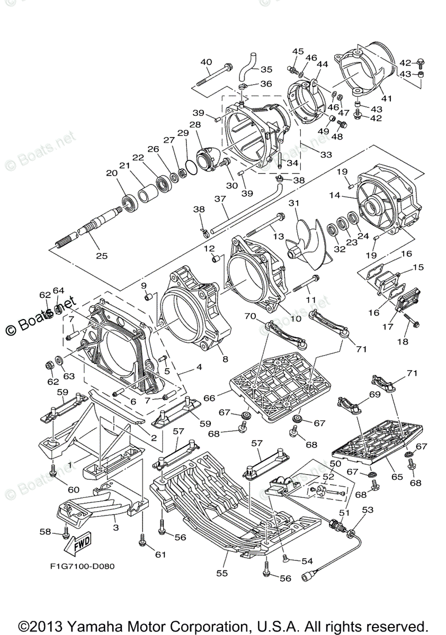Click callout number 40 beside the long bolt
(x=206, y=62)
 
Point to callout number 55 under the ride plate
(x=222, y=573)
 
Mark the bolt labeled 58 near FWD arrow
(x=66, y=531)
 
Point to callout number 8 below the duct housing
(x=225, y=359)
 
